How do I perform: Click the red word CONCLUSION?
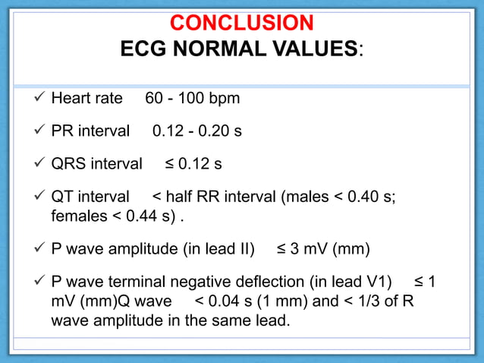241,22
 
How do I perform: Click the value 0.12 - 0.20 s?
197,131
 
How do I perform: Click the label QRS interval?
96,164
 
